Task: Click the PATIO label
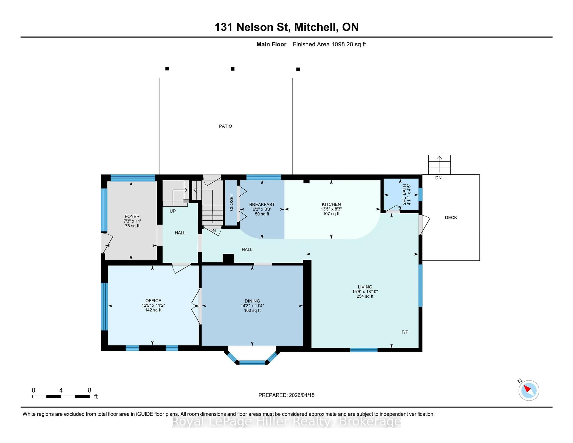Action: (x=225, y=126)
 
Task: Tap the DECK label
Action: (x=451, y=218)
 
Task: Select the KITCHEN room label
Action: (x=331, y=204)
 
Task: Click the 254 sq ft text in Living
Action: (x=365, y=296)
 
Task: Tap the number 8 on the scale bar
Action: (x=90, y=390)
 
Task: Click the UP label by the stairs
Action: (x=172, y=211)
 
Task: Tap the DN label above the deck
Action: (x=438, y=178)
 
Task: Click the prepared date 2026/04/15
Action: (x=301, y=395)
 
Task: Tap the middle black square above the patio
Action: (x=232, y=69)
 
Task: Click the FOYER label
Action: (x=132, y=217)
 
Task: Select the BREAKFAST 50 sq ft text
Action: (x=262, y=214)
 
